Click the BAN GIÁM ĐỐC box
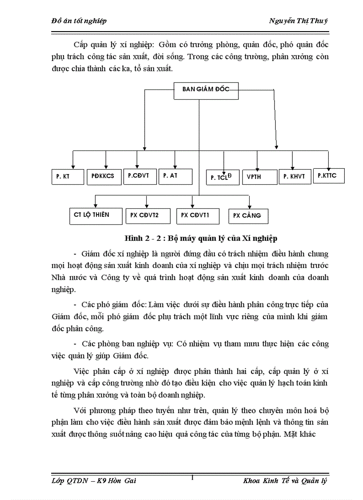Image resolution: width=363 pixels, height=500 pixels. [206, 91]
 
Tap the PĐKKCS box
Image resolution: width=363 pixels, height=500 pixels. [103, 176]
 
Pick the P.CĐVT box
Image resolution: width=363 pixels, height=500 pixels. [139, 176]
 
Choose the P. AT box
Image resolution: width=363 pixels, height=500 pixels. [175, 176]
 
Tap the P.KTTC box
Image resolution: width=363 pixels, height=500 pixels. [329, 175]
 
